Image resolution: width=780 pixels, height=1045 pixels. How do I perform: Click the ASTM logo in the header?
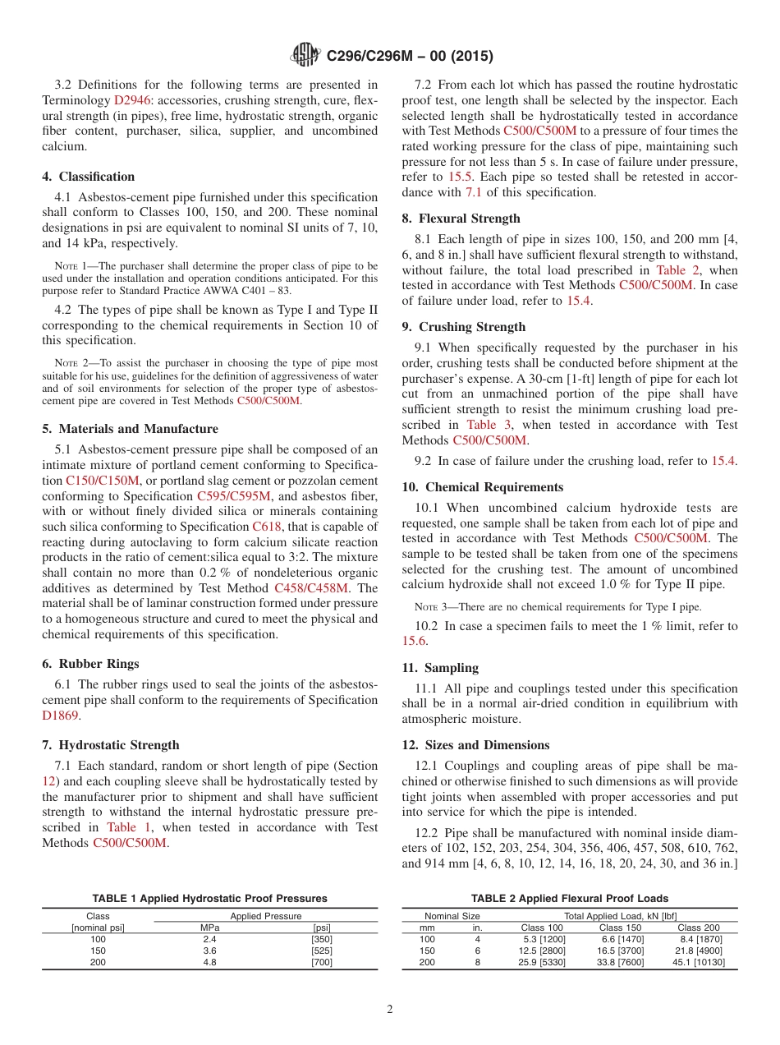tap(307, 57)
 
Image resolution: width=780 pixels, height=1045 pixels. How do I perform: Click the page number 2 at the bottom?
tap(389, 1009)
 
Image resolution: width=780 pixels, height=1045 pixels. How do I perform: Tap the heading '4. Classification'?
tap(89, 177)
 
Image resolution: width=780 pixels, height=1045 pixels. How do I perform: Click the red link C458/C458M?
tap(311, 588)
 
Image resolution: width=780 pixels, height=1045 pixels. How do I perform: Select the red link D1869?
tap(60, 716)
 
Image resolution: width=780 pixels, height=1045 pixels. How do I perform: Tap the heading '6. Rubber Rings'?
tap(91, 664)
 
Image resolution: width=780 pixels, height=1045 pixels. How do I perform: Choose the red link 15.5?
tap(461, 177)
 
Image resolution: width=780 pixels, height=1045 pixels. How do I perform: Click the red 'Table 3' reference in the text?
tap(489, 425)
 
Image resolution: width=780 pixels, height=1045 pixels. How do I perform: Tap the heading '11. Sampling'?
tap(440, 668)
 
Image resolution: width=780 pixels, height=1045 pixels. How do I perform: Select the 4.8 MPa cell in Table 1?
tap(209, 962)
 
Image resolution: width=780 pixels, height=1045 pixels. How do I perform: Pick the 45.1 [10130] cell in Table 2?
tap(698, 962)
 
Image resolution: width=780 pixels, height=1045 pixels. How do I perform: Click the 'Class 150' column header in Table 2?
tap(622, 928)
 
